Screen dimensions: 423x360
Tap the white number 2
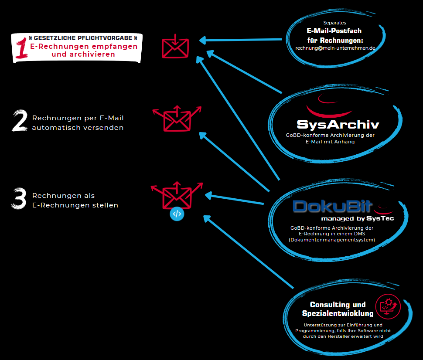coord(20,121)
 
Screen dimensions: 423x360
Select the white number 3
coord(19,198)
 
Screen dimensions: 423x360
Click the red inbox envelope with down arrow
coord(175,46)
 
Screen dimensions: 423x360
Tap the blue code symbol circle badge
coord(177,214)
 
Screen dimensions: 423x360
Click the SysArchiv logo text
coord(338,124)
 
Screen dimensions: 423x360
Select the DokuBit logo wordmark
coord(333,207)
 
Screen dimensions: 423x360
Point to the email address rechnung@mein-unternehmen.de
coord(335,48)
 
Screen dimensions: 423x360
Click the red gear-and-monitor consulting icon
coord(388,306)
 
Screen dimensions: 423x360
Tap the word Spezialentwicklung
coord(338,313)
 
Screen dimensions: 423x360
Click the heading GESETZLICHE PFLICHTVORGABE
coord(83,38)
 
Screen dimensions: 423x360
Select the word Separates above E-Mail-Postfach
coord(334,23)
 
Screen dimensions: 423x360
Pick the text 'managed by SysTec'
coord(358,218)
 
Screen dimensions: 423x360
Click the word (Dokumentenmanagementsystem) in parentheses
coord(332,240)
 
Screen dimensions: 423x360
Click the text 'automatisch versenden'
coord(78,128)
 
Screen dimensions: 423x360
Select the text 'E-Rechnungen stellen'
coord(75,205)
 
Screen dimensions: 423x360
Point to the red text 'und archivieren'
coord(83,54)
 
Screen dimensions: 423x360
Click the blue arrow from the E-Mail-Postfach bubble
coord(240,40)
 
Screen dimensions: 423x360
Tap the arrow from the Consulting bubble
coord(248,252)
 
